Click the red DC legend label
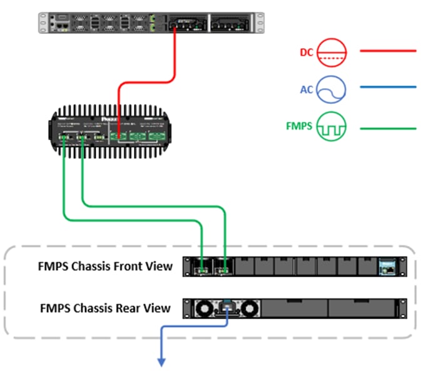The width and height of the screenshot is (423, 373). [305, 53]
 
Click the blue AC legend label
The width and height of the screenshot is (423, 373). [306, 89]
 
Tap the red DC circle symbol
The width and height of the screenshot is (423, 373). [329, 53]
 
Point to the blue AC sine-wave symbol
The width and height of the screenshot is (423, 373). [329, 89]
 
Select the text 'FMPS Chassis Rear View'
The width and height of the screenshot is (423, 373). [105, 307]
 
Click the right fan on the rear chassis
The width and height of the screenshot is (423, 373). [249, 308]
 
